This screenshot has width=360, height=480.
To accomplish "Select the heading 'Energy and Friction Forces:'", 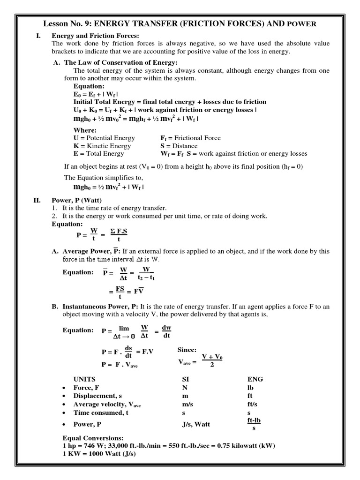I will tap(96, 36).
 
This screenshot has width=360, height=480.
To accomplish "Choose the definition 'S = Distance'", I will tap(179, 146).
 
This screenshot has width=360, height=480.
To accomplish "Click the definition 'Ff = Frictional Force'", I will tap(190, 138).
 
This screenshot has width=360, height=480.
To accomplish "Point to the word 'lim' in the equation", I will tap(124, 330).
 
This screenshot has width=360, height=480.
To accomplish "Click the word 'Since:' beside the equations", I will tap(187, 350).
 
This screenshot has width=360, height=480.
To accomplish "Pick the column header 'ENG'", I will tap(255, 379).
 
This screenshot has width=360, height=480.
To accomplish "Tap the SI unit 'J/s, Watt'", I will tap(196, 424).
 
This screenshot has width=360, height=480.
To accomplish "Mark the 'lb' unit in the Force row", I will tap(250, 388).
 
